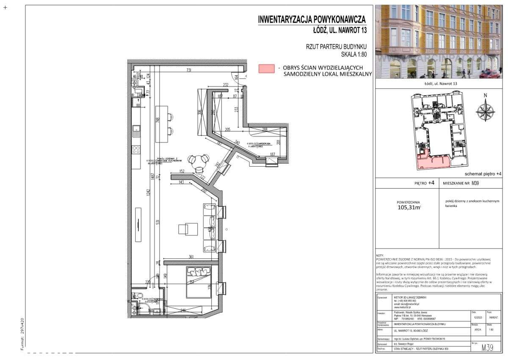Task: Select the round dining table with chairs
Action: (199, 161)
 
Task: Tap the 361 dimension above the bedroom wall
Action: (191, 257)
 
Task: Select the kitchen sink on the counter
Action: (136, 130)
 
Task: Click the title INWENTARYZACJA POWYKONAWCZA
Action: (312, 20)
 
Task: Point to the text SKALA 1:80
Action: (353, 54)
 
